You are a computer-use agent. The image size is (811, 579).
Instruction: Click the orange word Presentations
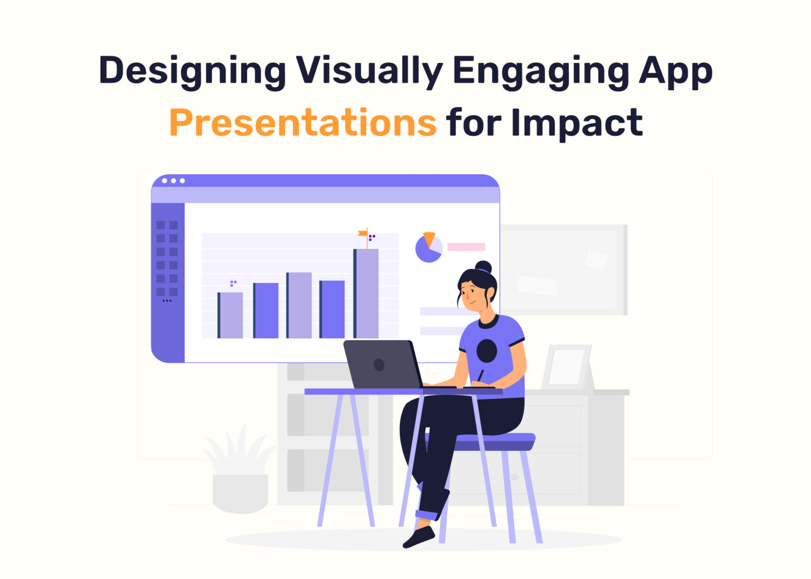tap(303, 122)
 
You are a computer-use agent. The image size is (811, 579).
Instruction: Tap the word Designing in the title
tap(192, 71)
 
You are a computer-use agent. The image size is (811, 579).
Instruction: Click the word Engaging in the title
tap(541, 71)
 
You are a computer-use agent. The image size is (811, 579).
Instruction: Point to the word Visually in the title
tap(369, 71)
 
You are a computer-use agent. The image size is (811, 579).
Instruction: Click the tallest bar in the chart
tap(366, 293)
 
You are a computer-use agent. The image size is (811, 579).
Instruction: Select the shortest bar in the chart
tap(230, 315)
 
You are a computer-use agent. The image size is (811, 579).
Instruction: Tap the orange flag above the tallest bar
tap(363, 233)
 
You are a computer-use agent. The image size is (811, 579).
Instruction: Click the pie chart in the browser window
tap(428, 248)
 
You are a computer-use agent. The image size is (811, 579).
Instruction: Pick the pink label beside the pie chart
tap(466, 246)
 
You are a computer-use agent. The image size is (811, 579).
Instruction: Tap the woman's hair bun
tap(483, 267)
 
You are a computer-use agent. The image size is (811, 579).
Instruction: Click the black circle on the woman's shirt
tap(486, 351)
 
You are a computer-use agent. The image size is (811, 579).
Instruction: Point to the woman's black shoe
tap(419, 537)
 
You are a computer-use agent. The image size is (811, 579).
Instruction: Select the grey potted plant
tap(240, 475)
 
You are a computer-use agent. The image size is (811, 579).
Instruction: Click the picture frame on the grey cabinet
tap(567, 367)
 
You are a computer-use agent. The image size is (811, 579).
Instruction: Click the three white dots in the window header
tap(173, 181)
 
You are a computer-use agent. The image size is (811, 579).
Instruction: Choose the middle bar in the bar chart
tap(299, 305)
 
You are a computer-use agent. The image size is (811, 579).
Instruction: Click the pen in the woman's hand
tap(480, 375)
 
